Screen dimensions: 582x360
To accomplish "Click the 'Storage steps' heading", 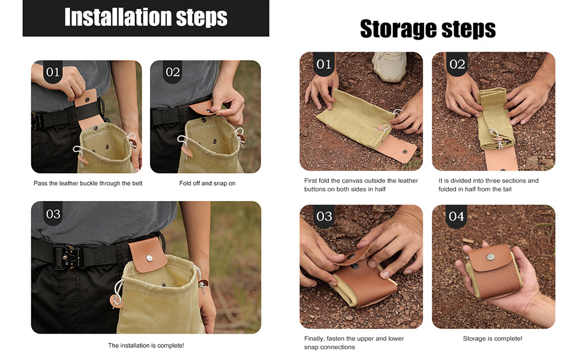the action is pyautogui.click(x=428, y=29).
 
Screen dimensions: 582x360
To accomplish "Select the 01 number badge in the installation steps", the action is pyautogui.click(x=53, y=71).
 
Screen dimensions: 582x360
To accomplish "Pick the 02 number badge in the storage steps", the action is pyautogui.click(x=457, y=64).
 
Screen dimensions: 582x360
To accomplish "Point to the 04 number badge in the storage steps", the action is pyautogui.click(x=456, y=217).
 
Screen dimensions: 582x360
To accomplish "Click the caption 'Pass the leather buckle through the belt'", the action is pyautogui.click(x=88, y=184).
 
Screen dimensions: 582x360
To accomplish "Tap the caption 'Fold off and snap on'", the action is pyautogui.click(x=207, y=184).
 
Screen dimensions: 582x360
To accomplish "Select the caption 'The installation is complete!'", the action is pyautogui.click(x=146, y=346).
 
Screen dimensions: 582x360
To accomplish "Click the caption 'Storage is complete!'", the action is pyautogui.click(x=493, y=338).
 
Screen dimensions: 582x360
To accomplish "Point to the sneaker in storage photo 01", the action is pyautogui.click(x=389, y=65).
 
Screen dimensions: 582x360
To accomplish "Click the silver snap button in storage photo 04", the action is pyautogui.click(x=491, y=256).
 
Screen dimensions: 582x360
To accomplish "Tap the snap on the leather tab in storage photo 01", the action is pyautogui.click(x=405, y=151).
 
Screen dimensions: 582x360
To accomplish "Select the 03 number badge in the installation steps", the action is pyautogui.click(x=53, y=214).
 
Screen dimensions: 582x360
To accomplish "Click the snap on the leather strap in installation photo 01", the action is pyautogui.click(x=88, y=100).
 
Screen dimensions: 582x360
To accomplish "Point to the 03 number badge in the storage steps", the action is pyautogui.click(x=324, y=217).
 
